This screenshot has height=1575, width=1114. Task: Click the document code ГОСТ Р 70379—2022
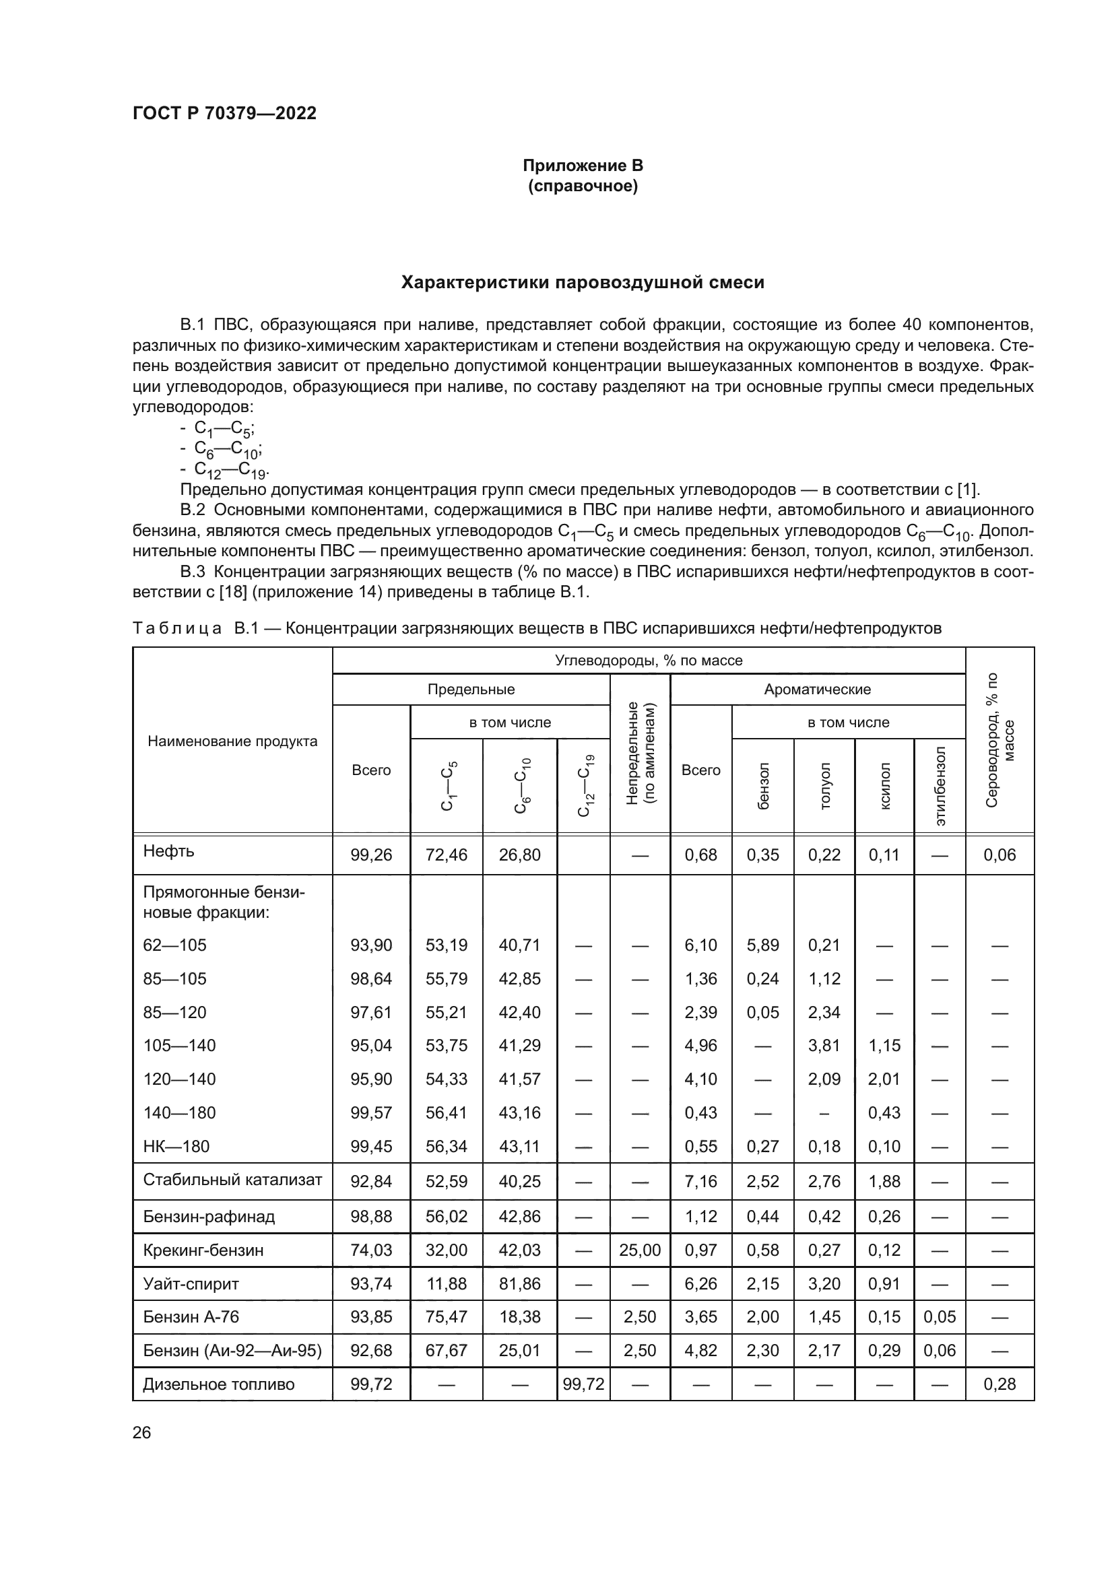pyautogui.click(x=224, y=114)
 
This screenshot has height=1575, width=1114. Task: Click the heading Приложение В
pyautogui.click(x=583, y=166)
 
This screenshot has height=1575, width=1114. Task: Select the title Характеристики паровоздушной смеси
pyautogui.click(x=583, y=283)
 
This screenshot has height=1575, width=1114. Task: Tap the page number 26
pyautogui.click(x=141, y=1432)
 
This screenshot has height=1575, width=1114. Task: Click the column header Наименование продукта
pyautogui.click(x=232, y=741)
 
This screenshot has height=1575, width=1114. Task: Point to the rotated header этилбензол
pyautogui.click(x=940, y=785)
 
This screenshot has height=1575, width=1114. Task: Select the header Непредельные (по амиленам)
pyautogui.click(x=640, y=753)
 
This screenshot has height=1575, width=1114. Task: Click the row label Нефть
pyautogui.click(x=169, y=851)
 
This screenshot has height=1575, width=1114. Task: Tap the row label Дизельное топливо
pyautogui.click(x=218, y=1384)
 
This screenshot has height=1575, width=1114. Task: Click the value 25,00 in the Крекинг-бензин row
pyautogui.click(x=639, y=1250)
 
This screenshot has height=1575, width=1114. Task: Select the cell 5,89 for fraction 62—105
pyautogui.click(x=763, y=945)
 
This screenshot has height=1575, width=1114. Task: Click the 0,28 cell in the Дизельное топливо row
pyautogui.click(x=1000, y=1384)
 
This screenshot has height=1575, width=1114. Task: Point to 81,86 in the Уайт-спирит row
pyautogui.click(x=519, y=1283)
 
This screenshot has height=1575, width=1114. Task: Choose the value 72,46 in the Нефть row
pyautogui.click(x=446, y=854)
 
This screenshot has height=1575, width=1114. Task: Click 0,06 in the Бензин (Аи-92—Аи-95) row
pyautogui.click(x=940, y=1350)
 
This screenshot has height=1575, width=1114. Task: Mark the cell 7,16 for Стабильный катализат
pyautogui.click(x=700, y=1181)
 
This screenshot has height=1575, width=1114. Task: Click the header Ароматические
pyautogui.click(x=817, y=690)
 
